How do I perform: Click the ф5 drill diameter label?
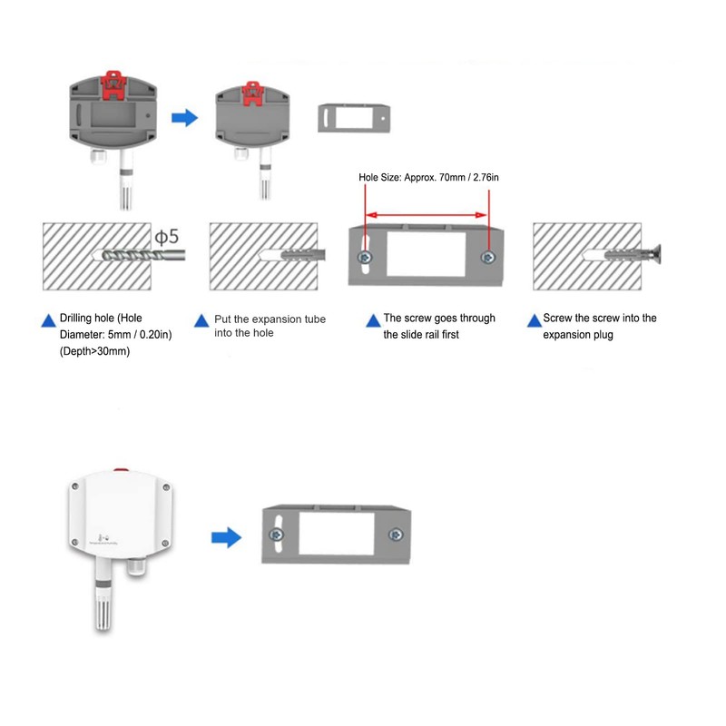click(x=167, y=237)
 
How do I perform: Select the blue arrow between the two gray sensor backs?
click(x=185, y=118)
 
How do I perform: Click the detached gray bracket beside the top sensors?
click(x=354, y=118)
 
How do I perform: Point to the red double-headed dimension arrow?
click(x=427, y=215)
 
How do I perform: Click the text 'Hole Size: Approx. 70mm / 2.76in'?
click(x=428, y=177)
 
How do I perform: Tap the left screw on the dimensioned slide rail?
click(x=366, y=257)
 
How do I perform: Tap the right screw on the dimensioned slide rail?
click(x=487, y=257)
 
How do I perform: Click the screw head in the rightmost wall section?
click(x=656, y=255)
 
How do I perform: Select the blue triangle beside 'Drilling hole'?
click(x=49, y=320)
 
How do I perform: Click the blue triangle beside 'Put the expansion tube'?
click(x=201, y=320)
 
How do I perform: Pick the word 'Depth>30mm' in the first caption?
click(x=95, y=351)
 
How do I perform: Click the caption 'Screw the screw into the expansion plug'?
click(x=600, y=326)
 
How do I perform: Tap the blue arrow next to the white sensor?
click(x=226, y=537)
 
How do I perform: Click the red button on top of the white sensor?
click(x=122, y=470)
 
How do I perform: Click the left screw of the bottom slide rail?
click(x=277, y=535)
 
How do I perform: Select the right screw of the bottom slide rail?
click(x=396, y=535)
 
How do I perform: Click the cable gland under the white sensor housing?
click(x=137, y=566)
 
